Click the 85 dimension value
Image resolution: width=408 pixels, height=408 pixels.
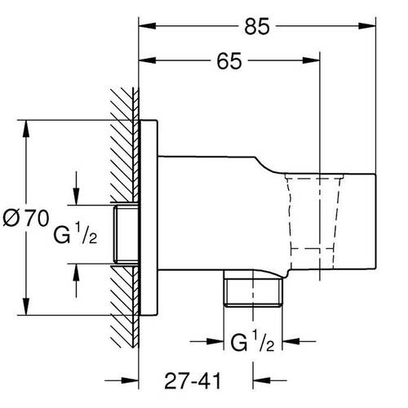[x=257, y=27]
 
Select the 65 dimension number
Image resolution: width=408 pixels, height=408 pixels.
[x=229, y=61]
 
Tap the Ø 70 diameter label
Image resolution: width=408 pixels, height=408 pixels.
[x=26, y=218]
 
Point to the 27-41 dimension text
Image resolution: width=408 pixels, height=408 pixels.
[x=193, y=381]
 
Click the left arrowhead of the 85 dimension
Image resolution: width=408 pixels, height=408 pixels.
[x=147, y=26]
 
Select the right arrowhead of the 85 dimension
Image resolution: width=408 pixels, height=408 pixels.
[x=367, y=26]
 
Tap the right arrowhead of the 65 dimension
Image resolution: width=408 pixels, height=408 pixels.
[x=311, y=60]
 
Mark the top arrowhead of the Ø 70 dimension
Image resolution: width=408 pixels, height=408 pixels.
[x=26, y=129]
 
